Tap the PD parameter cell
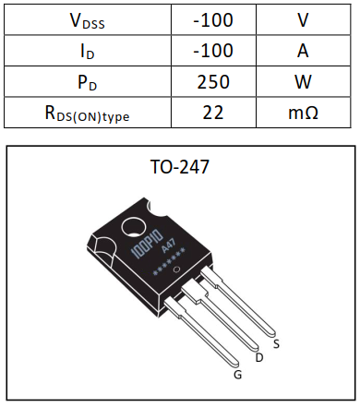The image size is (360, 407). click(87, 82)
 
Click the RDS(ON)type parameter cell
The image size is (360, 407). click(87, 114)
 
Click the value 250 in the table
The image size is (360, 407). click(213, 82)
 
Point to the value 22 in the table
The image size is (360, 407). click(213, 114)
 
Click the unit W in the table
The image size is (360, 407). click(303, 82)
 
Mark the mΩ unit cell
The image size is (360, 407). click(303, 114)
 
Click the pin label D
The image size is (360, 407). click(258, 356)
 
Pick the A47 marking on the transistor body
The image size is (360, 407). click(169, 246)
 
